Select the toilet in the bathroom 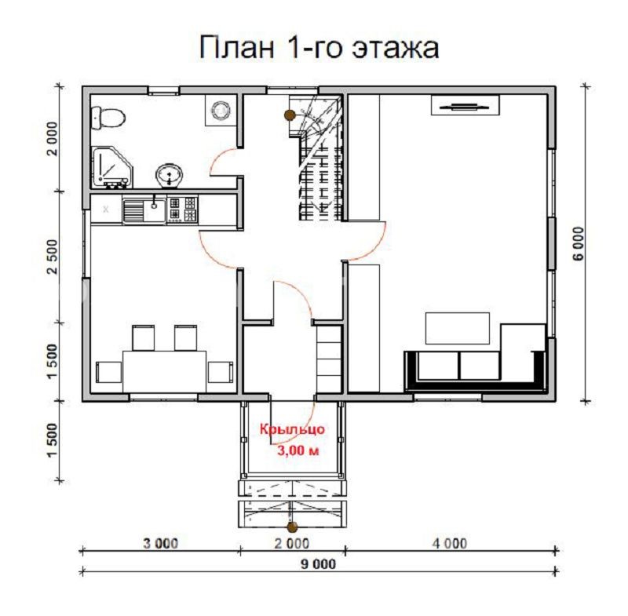point(108,118)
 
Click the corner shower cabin point(110,167)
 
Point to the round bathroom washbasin point(167,173)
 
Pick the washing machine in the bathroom point(221,111)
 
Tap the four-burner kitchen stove point(182,210)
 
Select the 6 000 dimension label point(579,246)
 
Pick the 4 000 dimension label point(449,543)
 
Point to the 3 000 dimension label point(162,543)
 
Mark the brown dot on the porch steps point(292,527)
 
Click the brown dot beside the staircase point(290,115)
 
